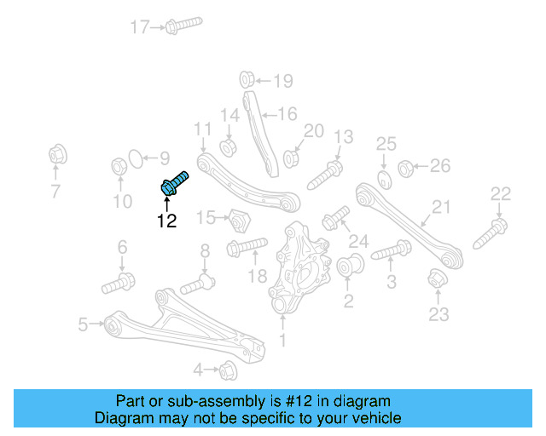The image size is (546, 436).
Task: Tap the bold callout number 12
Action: pyautogui.click(x=166, y=221)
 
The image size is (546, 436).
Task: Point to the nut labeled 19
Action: pyautogui.click(x=245, y=80)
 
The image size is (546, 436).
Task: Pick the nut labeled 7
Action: pyautogui.click(x=57, y=157)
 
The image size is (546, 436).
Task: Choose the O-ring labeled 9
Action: pyautogui.click(x=135, y=158)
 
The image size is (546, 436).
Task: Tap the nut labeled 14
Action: pyautogui.click(x=229, y=146)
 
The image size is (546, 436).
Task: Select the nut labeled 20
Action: pyautogui.click(x=292, y=158)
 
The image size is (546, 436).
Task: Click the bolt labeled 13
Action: pyautogui.click(x=324, y=175)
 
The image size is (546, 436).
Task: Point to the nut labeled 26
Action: pyautogui.click(x=407, y=166)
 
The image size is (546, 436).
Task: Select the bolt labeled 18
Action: pyautogui.click(x=247, y=249)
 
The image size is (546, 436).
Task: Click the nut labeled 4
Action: pyautogui.click(x=227, y=370)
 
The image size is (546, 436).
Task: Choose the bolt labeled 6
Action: pyautogui.click(x=119, y=281)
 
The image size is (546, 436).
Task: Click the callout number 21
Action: pyautogui.click(x=440, y=207)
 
